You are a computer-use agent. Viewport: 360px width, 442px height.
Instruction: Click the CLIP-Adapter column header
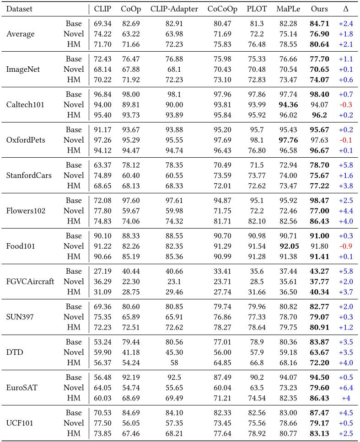(x=169, y=9)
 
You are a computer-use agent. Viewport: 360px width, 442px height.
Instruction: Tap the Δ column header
(x=345, y=9)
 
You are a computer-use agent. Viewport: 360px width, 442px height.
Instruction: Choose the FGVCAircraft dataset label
(x=30, y=281)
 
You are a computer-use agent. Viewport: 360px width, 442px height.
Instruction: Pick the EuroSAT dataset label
(x=22, y=387)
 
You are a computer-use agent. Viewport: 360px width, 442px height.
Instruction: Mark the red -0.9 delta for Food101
(x=345, y=245)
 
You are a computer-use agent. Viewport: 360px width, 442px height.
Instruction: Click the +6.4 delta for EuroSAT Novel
(x=345, y=387)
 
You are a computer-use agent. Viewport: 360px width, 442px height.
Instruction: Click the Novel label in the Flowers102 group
(x=74, y=210)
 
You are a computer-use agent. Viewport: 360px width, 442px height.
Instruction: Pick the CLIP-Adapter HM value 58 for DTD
(x=169, y=362)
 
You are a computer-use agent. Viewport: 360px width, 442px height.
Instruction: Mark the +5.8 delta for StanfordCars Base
(x=345, y=165)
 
